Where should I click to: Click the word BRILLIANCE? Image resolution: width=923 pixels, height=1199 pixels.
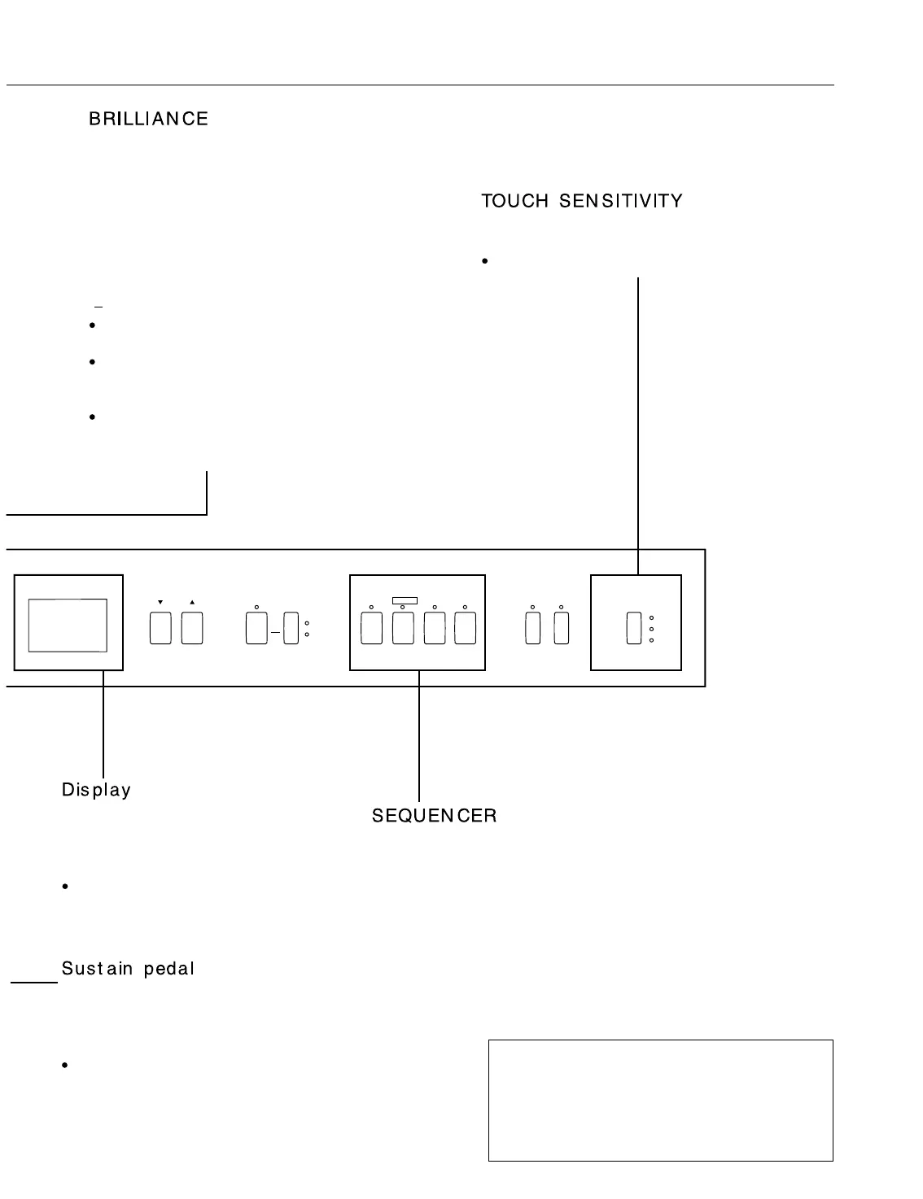(148, 119)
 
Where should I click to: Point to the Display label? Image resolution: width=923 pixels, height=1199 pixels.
(96, 790)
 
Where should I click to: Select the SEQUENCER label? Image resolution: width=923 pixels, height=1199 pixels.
(434, 816)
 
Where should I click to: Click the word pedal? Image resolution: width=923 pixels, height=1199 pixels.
(169, 969)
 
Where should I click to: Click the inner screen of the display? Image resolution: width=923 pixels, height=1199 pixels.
(68, 626)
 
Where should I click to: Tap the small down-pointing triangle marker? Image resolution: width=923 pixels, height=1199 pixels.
(160, 603)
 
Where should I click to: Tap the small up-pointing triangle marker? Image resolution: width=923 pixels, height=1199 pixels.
(192, 603)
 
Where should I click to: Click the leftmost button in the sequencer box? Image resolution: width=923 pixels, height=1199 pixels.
(371, 629)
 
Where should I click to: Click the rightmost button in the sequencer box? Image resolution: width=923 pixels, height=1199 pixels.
(465, 629)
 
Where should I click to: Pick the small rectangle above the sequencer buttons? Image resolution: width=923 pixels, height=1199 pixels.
(405, 601)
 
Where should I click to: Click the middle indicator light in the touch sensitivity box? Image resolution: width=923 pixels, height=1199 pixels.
(652, 630)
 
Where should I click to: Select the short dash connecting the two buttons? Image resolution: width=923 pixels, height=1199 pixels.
(275, 632)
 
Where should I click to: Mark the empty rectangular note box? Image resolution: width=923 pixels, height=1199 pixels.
(660, 1100)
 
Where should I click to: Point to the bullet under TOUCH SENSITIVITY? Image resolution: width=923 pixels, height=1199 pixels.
(484, 261)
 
